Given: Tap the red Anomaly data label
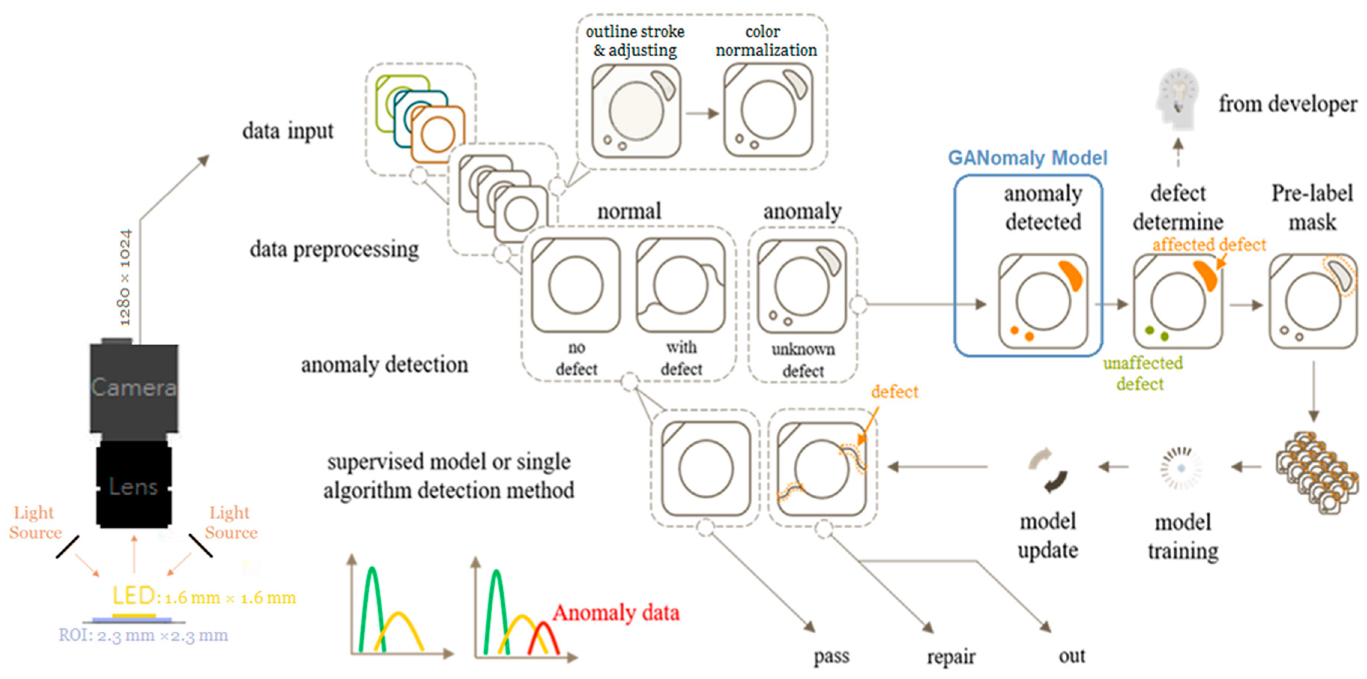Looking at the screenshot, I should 616,613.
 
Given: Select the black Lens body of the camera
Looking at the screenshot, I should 134,485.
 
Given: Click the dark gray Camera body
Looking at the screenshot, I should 134,387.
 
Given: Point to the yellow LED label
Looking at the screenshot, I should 133,596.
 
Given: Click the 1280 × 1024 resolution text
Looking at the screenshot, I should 125,277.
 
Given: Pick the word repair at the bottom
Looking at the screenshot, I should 951,657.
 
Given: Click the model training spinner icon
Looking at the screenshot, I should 1181,468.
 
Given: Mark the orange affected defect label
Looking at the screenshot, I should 1209,245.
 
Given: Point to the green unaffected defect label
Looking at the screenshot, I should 1143,373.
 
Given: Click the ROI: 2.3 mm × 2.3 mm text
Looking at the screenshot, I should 143,635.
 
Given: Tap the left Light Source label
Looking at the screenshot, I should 35,522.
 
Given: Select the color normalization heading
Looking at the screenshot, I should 766,41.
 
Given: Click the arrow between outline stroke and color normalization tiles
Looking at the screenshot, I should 701,113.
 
